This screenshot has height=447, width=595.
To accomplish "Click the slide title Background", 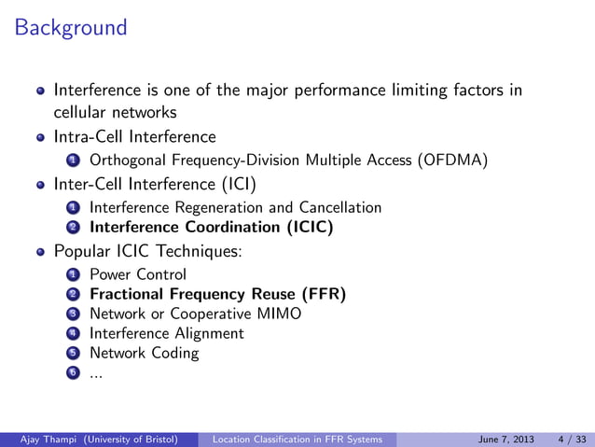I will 71,28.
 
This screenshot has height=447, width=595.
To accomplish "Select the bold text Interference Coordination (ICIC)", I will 211,227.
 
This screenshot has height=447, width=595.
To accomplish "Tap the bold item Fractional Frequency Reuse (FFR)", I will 217,295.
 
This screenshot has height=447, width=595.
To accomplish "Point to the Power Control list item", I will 137,274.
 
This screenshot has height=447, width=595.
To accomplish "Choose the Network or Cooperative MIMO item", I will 195,314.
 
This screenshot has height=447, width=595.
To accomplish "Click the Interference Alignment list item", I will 166,333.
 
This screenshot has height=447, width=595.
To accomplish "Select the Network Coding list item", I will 144,353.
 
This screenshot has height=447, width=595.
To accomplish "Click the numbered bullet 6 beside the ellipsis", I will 73,373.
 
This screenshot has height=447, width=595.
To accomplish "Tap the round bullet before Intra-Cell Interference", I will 40,138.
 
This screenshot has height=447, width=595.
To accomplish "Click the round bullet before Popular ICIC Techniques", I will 40,252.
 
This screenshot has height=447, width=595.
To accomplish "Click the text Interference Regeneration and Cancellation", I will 235,207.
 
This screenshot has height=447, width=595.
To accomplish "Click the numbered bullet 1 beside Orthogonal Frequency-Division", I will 73,161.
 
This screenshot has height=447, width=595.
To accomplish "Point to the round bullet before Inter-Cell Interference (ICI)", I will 40,184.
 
